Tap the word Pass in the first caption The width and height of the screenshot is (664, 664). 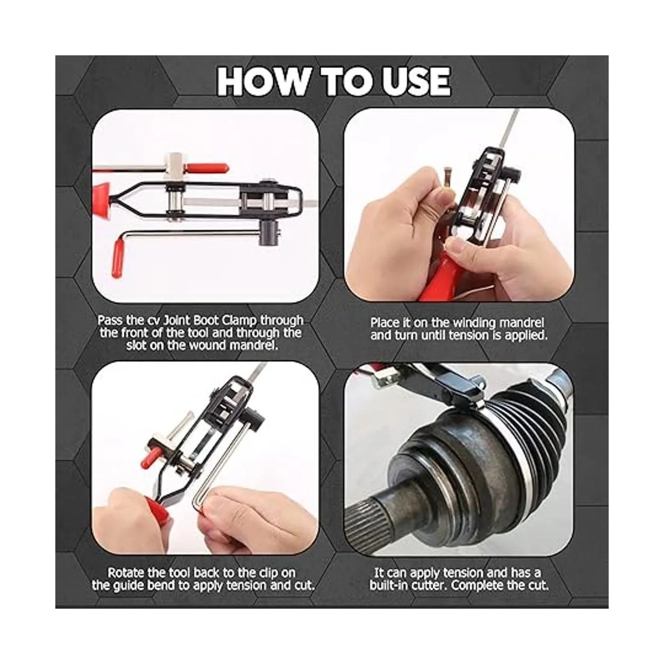110,321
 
